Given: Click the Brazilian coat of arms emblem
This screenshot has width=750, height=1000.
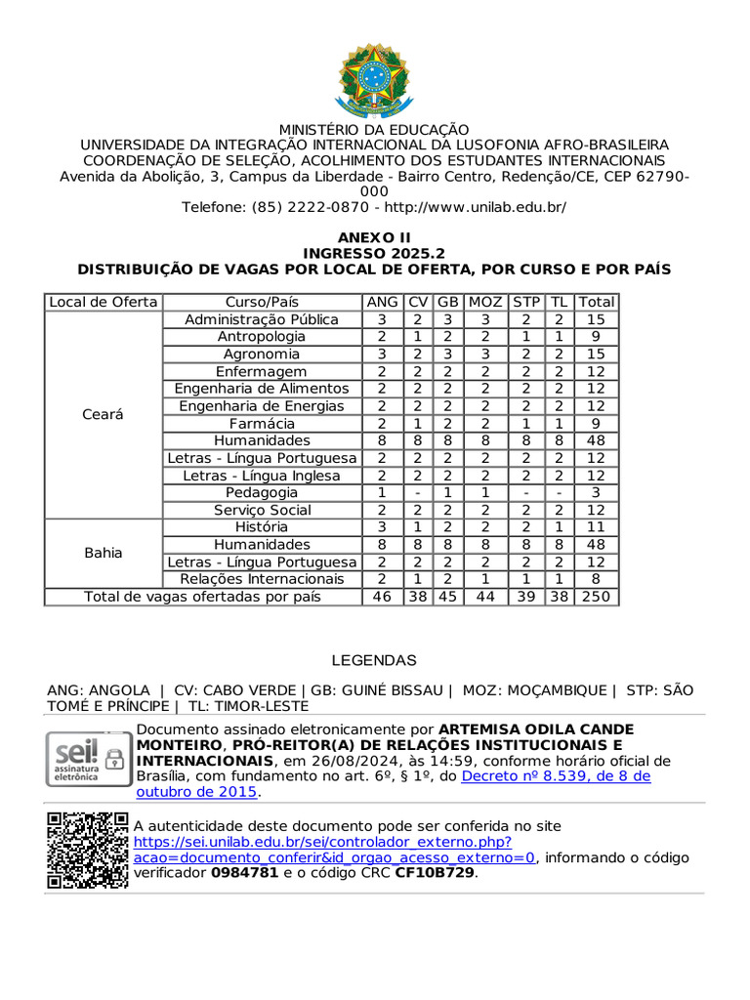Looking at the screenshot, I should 375,78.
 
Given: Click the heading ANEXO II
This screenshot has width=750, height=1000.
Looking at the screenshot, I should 375,237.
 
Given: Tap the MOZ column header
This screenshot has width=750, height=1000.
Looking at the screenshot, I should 485,302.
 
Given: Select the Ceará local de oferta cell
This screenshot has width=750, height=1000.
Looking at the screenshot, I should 104,414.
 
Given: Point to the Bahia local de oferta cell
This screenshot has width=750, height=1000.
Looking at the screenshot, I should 104,553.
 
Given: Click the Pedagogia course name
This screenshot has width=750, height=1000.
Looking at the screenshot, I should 262,492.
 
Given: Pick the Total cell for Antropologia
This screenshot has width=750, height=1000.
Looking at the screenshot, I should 597,336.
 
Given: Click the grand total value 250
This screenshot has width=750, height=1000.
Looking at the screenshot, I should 597,596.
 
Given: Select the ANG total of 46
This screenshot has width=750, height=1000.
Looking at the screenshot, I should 382,596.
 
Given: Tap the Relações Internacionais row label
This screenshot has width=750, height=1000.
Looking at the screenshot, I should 262,579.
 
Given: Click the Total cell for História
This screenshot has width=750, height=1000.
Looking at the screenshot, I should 597,527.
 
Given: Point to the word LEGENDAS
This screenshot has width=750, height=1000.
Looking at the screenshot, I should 374,660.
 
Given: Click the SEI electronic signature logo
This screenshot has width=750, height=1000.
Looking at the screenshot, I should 87,758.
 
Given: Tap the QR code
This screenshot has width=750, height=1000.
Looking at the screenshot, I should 87,850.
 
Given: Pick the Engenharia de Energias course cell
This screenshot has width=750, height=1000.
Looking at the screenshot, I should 262,405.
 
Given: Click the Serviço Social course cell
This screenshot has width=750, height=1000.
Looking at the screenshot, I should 262,510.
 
